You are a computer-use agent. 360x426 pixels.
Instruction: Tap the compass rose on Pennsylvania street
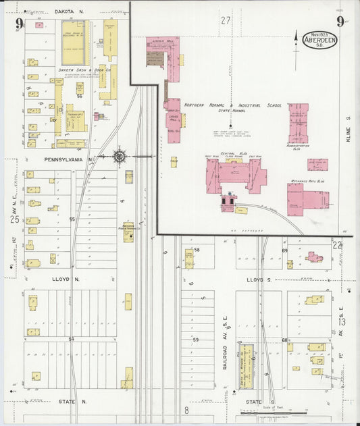119,157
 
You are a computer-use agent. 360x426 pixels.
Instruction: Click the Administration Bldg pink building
298,123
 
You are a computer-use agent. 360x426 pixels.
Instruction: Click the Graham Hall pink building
174,120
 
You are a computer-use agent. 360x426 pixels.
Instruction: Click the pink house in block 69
314,257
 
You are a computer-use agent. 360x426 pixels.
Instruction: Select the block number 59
197,340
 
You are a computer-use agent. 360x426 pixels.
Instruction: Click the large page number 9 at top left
19,25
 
